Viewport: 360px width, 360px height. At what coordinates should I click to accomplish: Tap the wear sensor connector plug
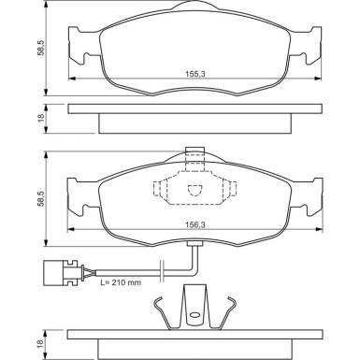[60, 274]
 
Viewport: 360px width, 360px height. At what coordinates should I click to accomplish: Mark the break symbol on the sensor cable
[164, 274]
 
